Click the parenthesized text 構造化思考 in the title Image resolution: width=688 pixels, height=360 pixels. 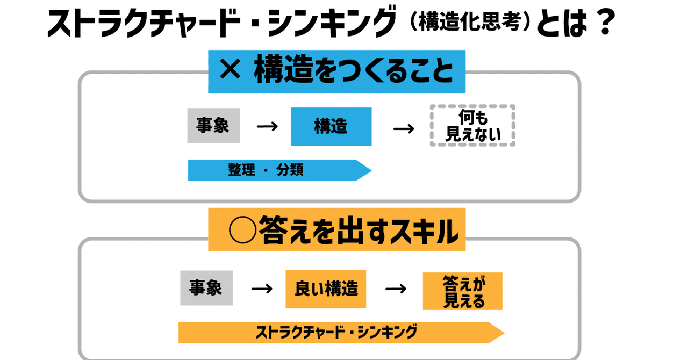point(470,21)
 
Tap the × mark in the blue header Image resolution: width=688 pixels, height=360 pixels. point(230,70)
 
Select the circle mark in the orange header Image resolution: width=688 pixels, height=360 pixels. point(242,230)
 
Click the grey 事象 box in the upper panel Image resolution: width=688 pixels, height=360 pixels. point(213,125)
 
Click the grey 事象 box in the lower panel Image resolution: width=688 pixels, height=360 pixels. point(206,288)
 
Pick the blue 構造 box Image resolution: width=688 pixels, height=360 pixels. point(332,127)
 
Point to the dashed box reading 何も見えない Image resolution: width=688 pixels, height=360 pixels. point(472,125)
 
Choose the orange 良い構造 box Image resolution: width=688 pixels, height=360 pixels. point(326,289)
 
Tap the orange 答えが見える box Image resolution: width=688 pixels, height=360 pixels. point(463,291)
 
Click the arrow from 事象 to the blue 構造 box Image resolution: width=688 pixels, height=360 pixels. point(267,126)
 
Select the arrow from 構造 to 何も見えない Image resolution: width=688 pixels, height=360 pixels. point(404,128)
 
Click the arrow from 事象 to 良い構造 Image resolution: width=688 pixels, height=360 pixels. point(262,289)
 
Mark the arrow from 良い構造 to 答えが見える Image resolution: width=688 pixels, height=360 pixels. point(396,289)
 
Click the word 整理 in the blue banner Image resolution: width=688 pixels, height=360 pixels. point(241,170)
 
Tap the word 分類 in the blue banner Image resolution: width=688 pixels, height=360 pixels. point(290,170)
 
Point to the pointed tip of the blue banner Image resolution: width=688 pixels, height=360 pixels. point(371,170)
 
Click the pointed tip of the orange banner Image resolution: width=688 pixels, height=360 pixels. point(504,333)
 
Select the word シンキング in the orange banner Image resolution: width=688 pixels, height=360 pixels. point(387,332)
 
